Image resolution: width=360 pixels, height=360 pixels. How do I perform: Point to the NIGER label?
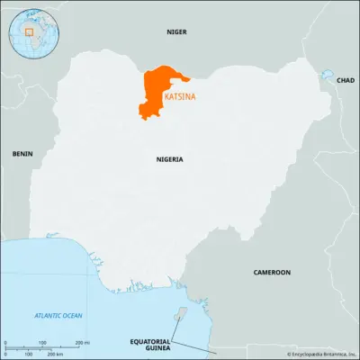click(176, 31)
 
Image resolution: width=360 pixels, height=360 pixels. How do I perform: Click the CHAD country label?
click(345, 80)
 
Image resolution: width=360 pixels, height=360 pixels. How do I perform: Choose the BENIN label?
click(22, 154)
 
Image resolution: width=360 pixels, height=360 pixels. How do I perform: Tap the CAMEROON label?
click(271, 272)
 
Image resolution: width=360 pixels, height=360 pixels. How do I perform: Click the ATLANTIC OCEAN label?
click(58, 315)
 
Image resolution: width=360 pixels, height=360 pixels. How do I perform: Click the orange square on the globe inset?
click(30, 31)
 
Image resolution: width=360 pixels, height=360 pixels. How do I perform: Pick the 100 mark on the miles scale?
click(41, 343)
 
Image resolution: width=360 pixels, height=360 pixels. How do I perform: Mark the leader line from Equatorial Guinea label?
click(193, 346)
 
